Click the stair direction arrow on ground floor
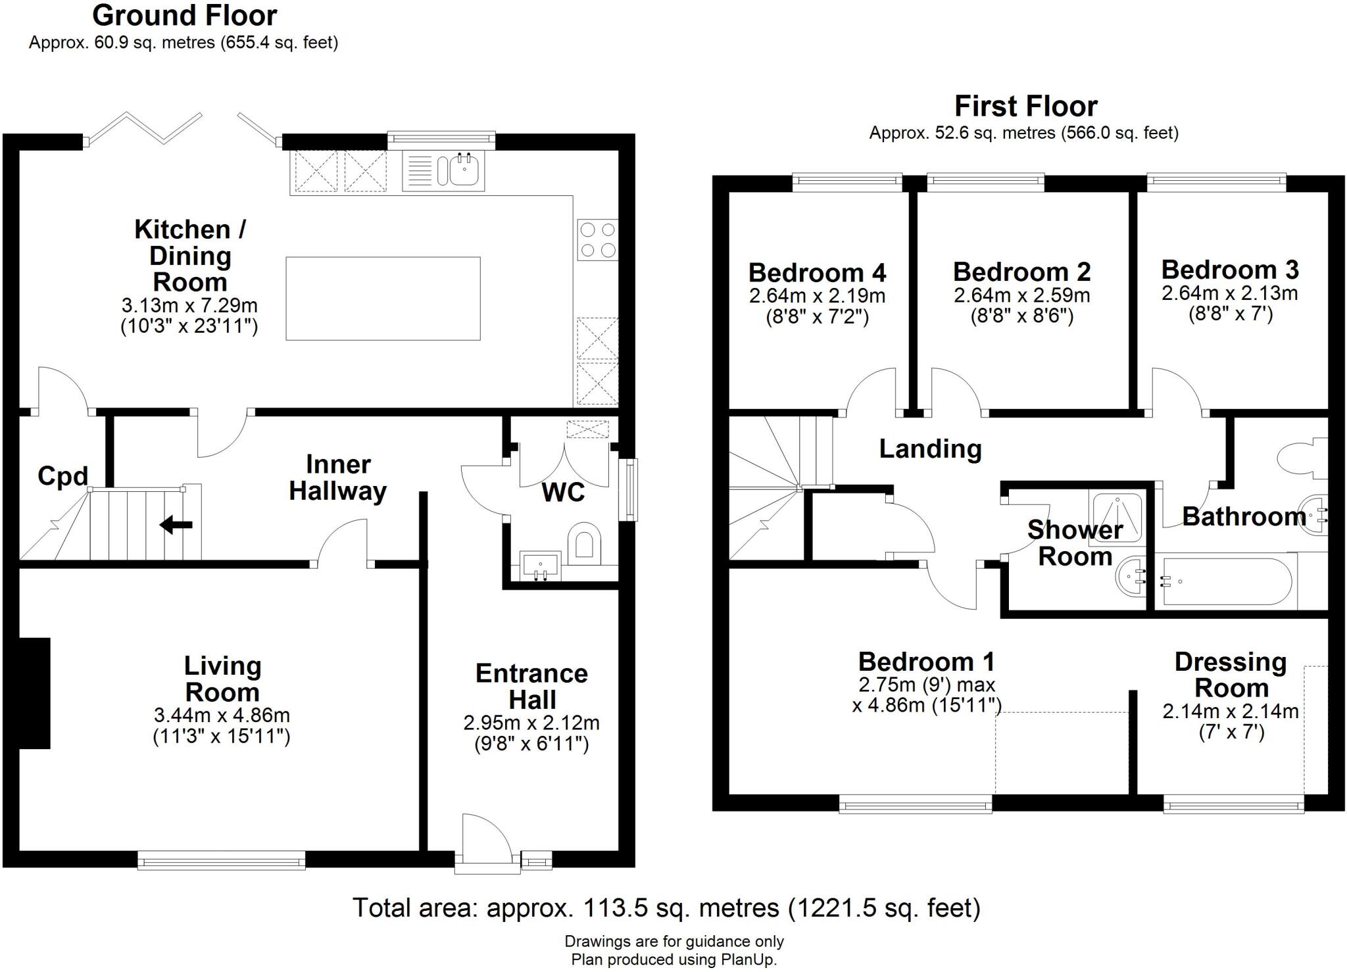pyautogui.click(x=176, y=525)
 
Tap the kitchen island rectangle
pyautogui.click(x=383, y=299)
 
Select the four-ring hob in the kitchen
pyautogui.click(x=597, y=239)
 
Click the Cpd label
pyautogui.click(x=62, y=475)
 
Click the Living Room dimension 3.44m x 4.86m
pyautogui.click(x=222, y=715)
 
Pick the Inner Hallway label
pyautogui.click(x=337, y=478)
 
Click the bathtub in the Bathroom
pyautogui.click(x=1227, y=581)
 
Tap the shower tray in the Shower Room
pyautogui.click(x=1115, y=516)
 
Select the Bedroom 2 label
pyautogui.click(x=1021, y=272)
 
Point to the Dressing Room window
pyautogui.click(x=1233, y=804)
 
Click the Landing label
pyautogui.click(x=930, y=449)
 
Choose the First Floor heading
pyautogui.click(x=1025, y=107)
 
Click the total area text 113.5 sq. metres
pyautogui.click(x=666, y=908)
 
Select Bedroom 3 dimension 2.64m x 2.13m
pyautogui.click(x=1229, y=293)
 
